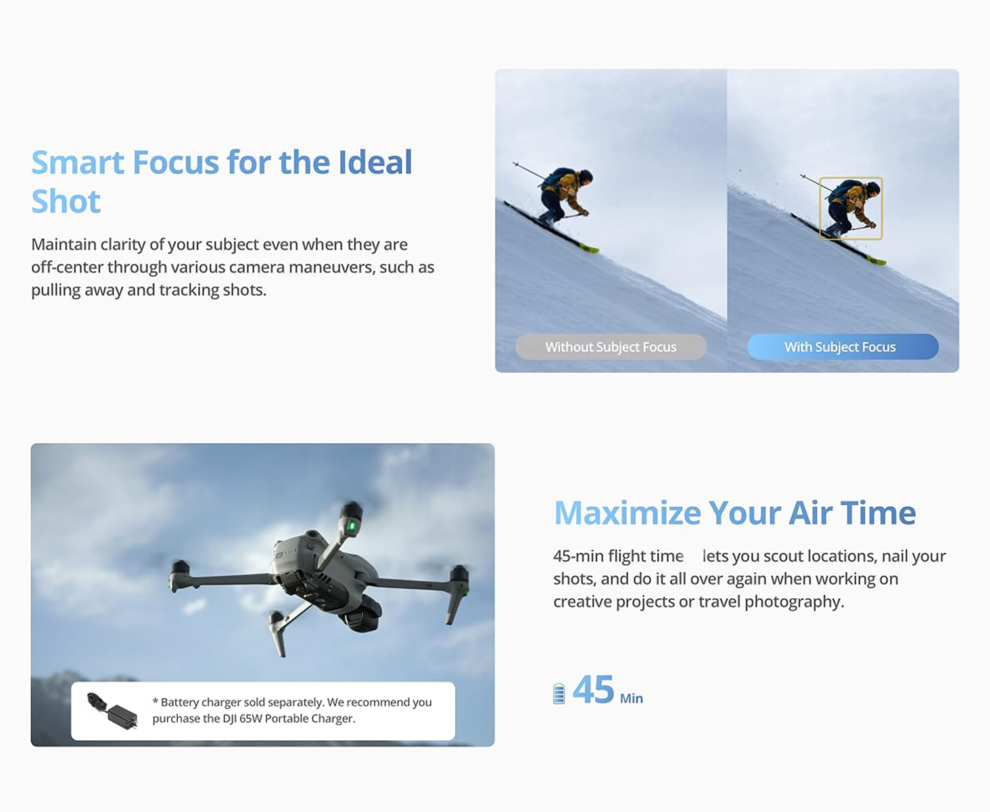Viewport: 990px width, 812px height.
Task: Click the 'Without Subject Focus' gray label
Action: coord(611,347)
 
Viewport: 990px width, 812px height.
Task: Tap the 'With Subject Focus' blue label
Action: coord(843,347)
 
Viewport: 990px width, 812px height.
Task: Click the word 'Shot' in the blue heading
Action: coord(66,202)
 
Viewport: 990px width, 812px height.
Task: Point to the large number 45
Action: coord(593,690)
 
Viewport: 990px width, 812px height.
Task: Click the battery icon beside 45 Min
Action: coord(559,694)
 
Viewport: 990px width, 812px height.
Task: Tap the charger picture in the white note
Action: coord(113,710)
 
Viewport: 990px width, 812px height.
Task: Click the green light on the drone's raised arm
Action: coord(352,526)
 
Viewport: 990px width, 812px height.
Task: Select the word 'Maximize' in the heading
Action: coord(628,513)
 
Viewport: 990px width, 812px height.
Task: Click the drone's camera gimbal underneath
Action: coord(362,614)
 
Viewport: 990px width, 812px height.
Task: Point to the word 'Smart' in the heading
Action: coord(78,162)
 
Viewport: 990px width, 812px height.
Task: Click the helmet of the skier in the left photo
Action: coord(586,177)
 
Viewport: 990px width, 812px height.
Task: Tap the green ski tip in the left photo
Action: coord(590,248)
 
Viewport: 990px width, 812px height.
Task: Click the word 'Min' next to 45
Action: coord(632,698)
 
